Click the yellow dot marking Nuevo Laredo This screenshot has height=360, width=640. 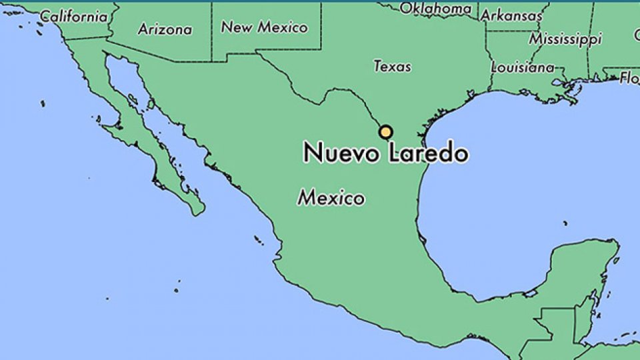tap(385, 132)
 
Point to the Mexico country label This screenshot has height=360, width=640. tap(331, 198)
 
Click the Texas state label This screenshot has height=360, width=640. tap(392, 66)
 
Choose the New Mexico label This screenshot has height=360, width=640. tap(265, 27)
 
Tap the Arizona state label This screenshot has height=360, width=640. tap(165, 29)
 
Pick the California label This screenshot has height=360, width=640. tap(73, 15)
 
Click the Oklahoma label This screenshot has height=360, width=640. tap(435, 9)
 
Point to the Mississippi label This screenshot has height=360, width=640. tap(565, 39)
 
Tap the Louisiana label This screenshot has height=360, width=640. tap(522, 67)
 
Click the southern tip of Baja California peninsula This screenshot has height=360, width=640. tap(196, 212)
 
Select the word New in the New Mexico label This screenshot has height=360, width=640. tap(236, 27)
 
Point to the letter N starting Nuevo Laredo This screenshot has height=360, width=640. tap(311, 153)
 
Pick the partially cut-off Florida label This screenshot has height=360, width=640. tap(629, 78)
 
